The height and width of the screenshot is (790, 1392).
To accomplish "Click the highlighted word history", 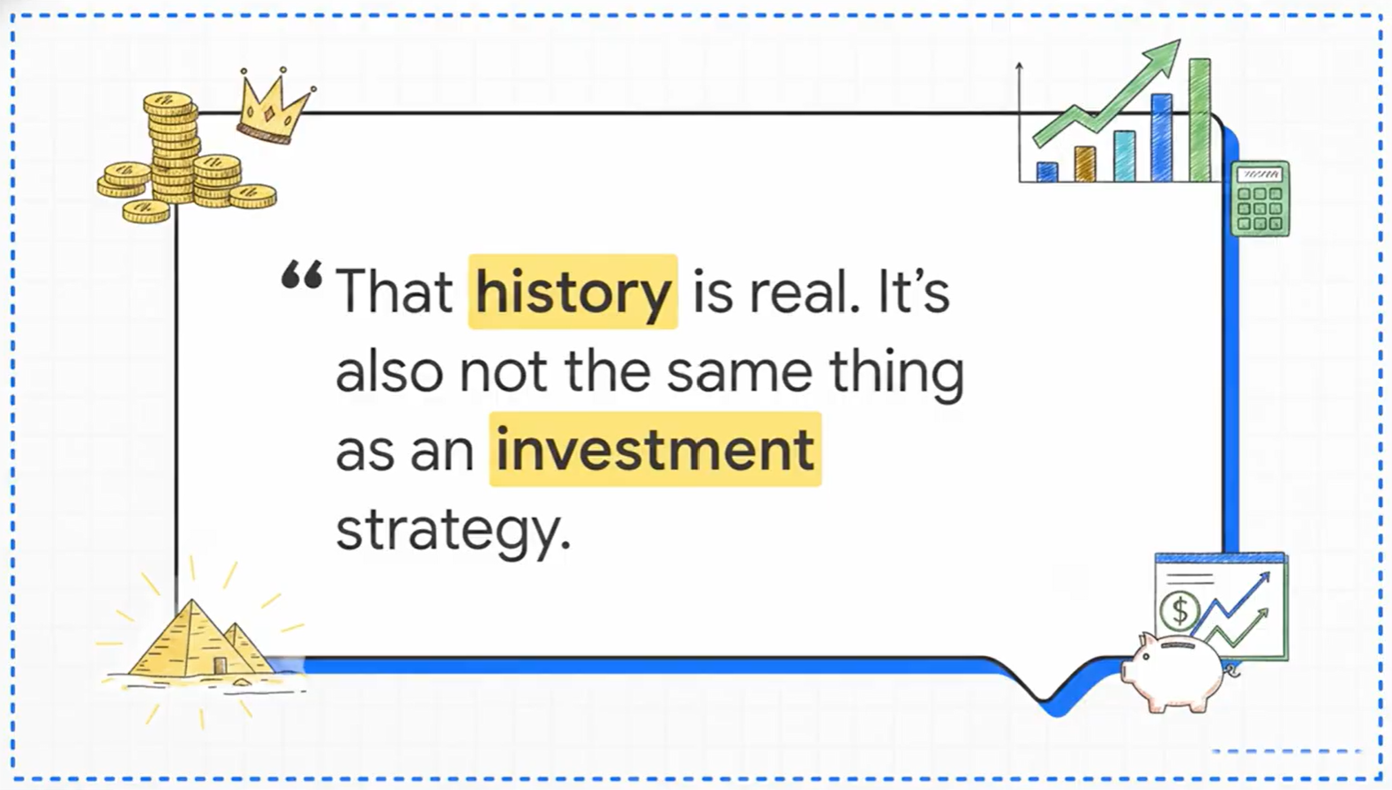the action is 573,291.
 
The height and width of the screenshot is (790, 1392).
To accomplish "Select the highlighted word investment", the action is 655,449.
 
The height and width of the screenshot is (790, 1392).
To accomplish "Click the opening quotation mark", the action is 302,274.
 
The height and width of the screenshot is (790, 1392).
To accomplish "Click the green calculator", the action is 1261,198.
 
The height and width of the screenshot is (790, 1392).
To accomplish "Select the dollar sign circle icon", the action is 1179,611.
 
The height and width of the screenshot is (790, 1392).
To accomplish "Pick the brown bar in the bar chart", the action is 1084,164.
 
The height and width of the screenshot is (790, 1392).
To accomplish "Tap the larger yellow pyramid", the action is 191,640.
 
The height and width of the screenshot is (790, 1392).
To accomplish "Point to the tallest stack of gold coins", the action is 172,147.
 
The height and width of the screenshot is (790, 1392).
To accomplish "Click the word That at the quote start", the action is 394,291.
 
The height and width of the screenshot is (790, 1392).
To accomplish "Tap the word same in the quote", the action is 739,375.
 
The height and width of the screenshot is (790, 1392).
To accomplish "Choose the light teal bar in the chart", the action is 1124,156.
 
